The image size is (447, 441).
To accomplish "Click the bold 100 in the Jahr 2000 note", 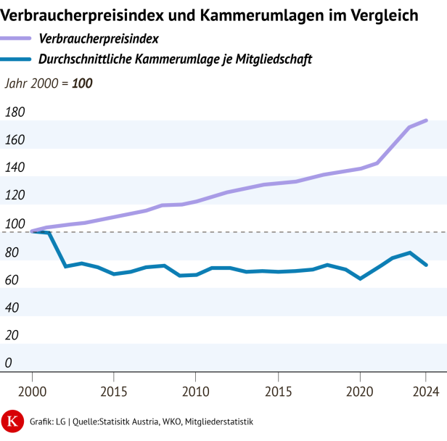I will point(82,83).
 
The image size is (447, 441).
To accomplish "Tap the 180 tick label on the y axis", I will point(15,112).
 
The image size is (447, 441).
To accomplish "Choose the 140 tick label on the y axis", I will point(15,168).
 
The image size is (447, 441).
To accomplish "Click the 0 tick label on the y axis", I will point(8,363).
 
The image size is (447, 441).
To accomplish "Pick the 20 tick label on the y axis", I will point(12,335).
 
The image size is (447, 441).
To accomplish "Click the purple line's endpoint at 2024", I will point(426,120).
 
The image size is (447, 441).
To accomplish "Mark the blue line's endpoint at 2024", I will point(426,265).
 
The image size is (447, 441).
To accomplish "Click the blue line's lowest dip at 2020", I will point(361,279).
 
